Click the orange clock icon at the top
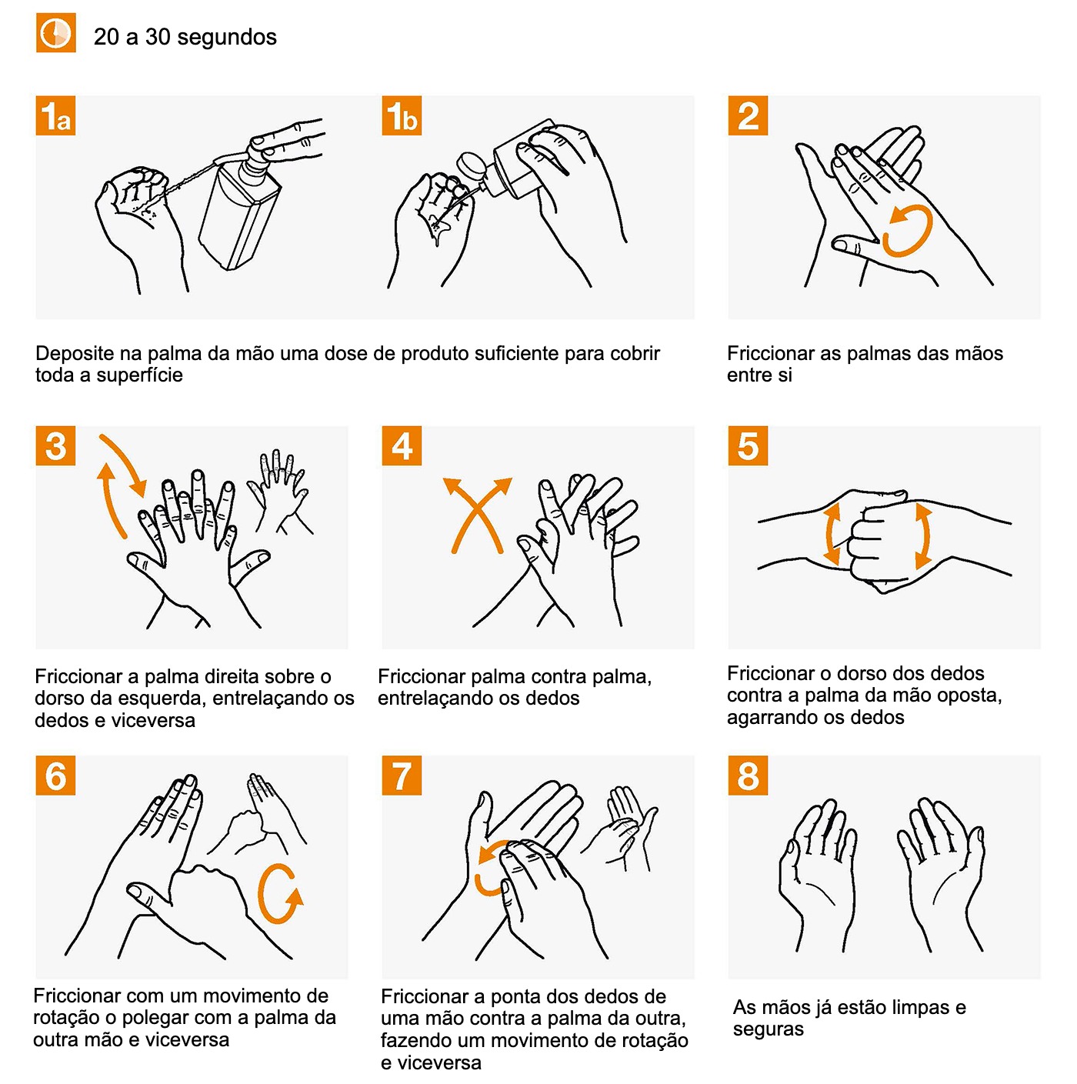[x=55, y=33]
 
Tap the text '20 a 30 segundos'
[x=185, y=37]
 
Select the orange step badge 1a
[x=55, y=115]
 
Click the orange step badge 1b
[x=402, y=115]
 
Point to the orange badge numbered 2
[x=748, y=115]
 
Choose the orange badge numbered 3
[x=55, y=446]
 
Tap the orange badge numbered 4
[x=402, y=446]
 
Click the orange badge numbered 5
[x=748, y=446]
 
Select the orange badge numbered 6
[x=55, y=775]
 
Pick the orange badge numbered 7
[x=402, y=775]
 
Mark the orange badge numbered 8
[x=748, y=775]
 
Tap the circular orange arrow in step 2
[x=908, y=230]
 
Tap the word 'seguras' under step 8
[x=768, y=1029]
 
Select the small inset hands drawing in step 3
[x=278, y=492]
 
